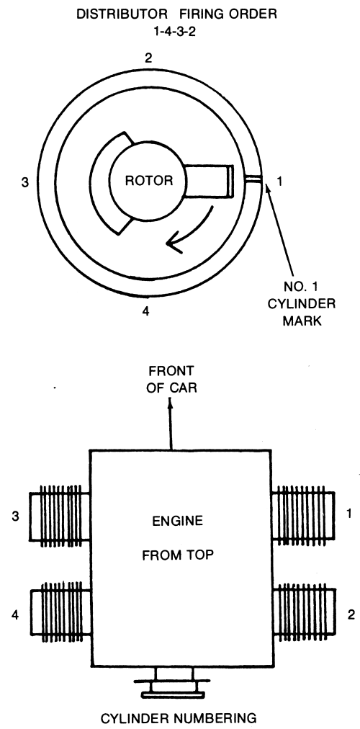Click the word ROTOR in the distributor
pyautogui.click(x=148, y=180)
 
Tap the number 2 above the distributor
pyautogui.click(x=148, y=58)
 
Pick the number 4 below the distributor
pyautogui.click(x=145, y=311)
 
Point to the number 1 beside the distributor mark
pyautogui.click(x=279, y=182)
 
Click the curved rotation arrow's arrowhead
pyautogui.click(x=174, y=244)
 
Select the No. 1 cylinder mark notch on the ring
pyautogui.click(x=254, y=179)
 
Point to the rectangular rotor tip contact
pyautogui.click(x=230, y=180)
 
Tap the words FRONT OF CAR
pyautogui.click(x=171, y=380)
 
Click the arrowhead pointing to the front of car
pyautogui.click(x=171, y=406)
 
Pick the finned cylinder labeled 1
pyautogui.click(x=303, y=516)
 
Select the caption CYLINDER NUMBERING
pyautogui.click(x=179, y=718)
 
